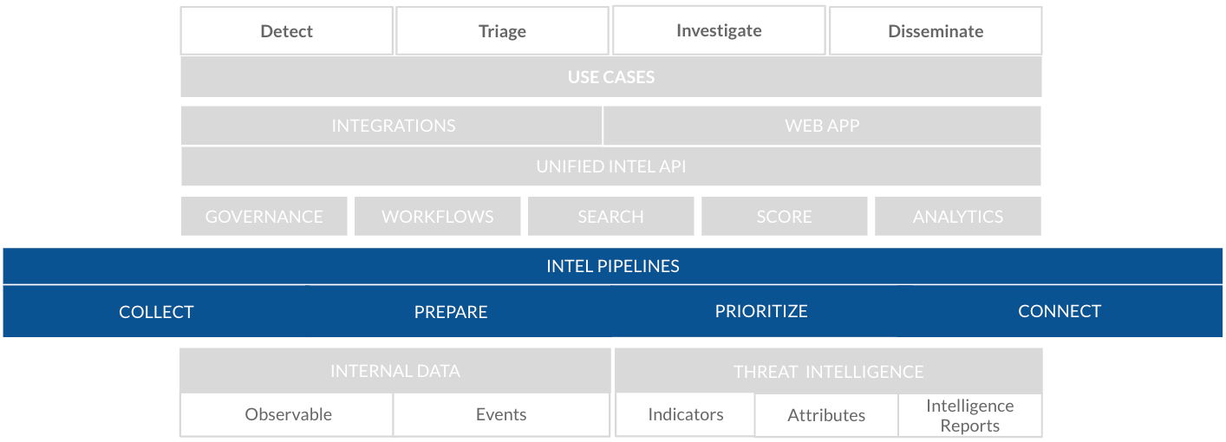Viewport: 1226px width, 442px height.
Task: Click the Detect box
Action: (287, 30)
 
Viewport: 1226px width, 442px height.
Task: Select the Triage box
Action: (502, 30)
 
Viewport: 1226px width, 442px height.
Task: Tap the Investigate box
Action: (719, 30)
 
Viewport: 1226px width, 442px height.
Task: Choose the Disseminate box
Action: (936, 30)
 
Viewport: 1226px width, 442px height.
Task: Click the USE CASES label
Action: (610, 77)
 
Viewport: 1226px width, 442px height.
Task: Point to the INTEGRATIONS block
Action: (391, 126)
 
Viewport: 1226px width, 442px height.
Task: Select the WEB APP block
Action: (822, 126)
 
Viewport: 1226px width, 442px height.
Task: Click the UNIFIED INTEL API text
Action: (610, 166)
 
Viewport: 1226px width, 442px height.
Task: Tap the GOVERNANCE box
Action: (264, 216)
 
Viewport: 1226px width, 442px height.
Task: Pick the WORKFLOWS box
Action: (437, 216)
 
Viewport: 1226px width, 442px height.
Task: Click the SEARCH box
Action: (610, 216)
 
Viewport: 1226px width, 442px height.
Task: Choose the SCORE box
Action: (785, 216)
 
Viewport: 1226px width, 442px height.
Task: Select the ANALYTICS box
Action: (958, 216)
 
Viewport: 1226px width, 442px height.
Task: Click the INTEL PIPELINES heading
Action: (613, 266)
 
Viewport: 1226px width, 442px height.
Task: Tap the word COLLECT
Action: (156, 312)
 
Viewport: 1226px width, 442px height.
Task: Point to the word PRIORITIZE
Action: (761, 311)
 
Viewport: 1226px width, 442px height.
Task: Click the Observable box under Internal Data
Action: (287, 414)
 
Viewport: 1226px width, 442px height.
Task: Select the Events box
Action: (501, 414)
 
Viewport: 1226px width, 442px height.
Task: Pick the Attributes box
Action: (826, 415)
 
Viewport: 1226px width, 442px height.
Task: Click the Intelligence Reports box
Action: (970, 415)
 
